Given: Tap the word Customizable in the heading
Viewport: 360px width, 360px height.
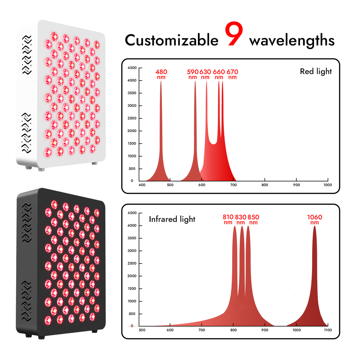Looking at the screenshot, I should pos(171,40).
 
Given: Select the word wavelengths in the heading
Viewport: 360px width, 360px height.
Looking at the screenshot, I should pos(292,40).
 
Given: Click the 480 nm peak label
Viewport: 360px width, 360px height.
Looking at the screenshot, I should pos(161,74).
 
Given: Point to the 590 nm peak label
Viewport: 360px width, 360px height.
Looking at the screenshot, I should pos(193,74).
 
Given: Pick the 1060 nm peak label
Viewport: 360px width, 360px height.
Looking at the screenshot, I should pos(315,219).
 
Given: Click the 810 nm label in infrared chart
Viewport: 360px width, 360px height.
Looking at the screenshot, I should pos(228,219).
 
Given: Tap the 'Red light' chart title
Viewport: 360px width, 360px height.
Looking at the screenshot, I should pos(316,71).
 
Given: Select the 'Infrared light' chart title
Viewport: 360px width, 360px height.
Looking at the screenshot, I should pos(172,219).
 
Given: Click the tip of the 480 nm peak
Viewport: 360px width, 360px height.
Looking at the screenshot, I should pos(161,81).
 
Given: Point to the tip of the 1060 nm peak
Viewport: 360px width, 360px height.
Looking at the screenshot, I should pos(315,226).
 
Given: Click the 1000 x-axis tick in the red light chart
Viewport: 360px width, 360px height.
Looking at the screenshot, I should pos(327,185).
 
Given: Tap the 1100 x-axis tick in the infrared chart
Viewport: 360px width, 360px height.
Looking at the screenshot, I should pos(327,330).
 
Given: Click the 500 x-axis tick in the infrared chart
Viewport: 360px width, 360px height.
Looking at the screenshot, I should pos(142,330).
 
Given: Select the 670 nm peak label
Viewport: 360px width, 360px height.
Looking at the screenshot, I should pos(232,74).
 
